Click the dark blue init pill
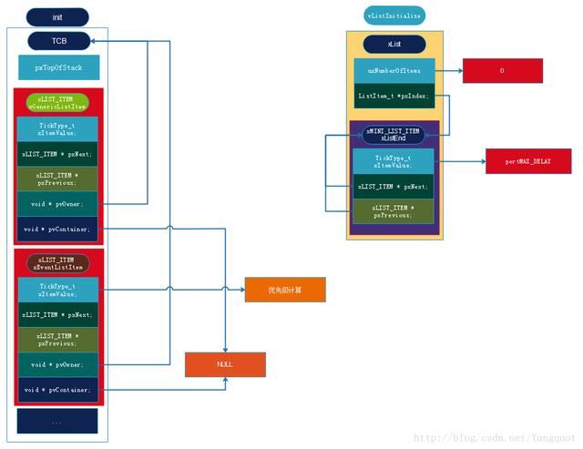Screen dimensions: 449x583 [58, 16]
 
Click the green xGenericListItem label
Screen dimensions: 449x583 [58, 102]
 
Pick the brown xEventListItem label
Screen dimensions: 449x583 [58, 263]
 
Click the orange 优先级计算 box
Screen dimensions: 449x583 [284, 291]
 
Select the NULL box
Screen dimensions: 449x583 [225, 363]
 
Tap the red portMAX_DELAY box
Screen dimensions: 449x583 [528, 161]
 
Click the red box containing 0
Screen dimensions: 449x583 [502, 70]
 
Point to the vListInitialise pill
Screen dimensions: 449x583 [394, 15]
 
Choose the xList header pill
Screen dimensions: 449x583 [394, 44]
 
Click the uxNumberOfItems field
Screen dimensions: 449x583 [394, 70]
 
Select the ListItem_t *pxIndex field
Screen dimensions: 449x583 [394, 96]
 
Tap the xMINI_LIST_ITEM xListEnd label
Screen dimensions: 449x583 [394, 134]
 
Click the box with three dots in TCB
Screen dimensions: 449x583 [57, 421]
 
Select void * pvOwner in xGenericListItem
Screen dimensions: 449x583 [57, 203]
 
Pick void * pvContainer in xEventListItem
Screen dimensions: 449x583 [57, 390]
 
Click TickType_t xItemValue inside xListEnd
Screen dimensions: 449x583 [394, 161]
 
